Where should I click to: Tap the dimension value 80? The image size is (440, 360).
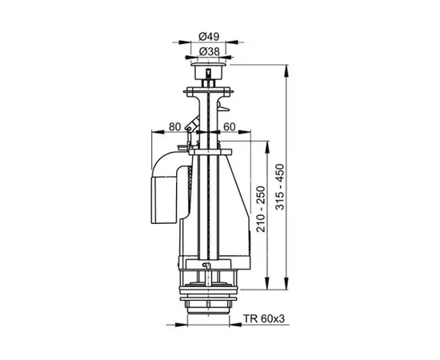pyautogui.click(x=175, y=126)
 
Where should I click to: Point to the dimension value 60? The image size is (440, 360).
pyautogui.click(x=229, y=126)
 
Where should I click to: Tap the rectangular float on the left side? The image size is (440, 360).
pyautogui.click(x=161, y=191)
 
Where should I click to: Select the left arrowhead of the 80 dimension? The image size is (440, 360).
pyautogui.click(x=152, y=133)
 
